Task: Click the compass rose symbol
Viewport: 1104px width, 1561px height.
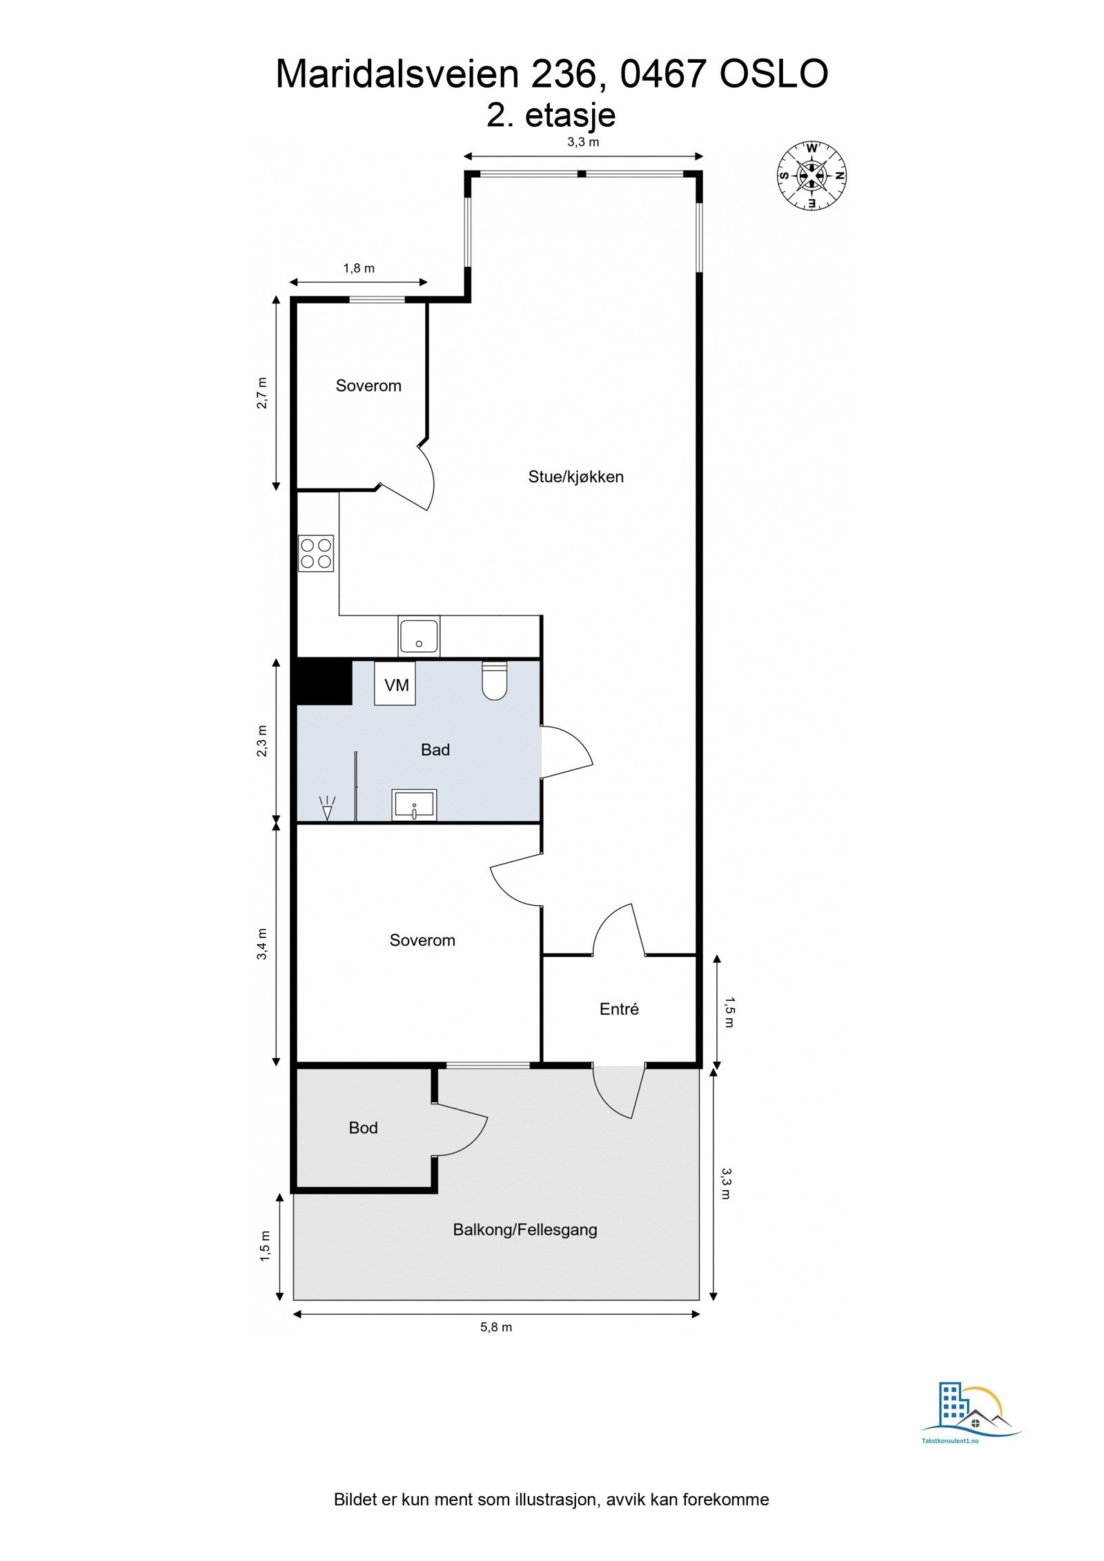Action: coord(811,175)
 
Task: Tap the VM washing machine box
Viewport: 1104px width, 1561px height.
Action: coord(395,684)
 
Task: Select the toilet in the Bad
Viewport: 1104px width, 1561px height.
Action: coord(494,681)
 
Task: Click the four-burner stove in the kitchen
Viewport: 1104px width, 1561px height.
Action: coord(316,553)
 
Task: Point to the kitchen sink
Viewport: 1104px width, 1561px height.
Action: coord(418,636)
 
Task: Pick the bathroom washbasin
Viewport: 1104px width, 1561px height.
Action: coord(414,805)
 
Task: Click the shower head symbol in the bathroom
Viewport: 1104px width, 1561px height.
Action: coord(327,808)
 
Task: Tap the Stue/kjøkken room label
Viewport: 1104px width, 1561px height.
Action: coord(575,477)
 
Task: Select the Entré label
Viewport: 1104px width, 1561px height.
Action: coord(619,1009)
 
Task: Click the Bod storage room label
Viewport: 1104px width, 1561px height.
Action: coord(363,1128)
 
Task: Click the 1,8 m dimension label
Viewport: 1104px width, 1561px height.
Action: coord(359,268)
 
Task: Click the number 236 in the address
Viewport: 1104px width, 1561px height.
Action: coord(559,74)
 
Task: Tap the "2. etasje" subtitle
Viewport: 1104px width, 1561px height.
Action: coord(551,115)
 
